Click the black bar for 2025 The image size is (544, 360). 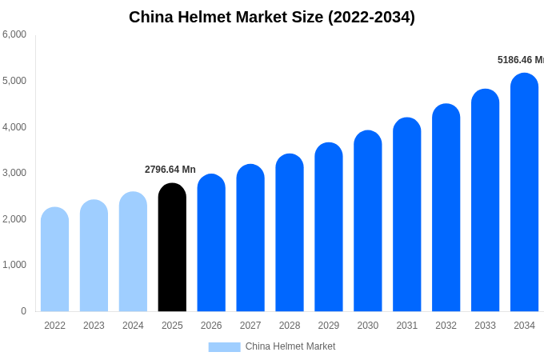[172, 248]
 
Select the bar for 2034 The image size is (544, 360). [524, 193]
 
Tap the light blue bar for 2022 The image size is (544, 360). [54, 260]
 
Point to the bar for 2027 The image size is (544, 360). [250, 238]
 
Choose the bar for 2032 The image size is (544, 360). [446, 208]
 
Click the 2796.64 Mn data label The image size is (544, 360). [170, 170]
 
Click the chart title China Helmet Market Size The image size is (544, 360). [272, 17]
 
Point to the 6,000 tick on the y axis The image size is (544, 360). [14, 34]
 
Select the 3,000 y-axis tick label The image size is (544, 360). [14, 173]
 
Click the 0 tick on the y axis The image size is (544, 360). [23, 311]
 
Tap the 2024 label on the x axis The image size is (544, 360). [133, 326]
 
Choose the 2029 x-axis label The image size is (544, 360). [329, 326]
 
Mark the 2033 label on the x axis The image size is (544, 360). [485, 326]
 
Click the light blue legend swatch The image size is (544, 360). [224, 347]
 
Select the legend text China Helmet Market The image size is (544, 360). [290, 346]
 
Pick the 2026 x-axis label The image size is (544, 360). [211, 326]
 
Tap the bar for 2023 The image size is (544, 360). [94, 256]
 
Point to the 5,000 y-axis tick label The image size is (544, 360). [14, 81]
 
